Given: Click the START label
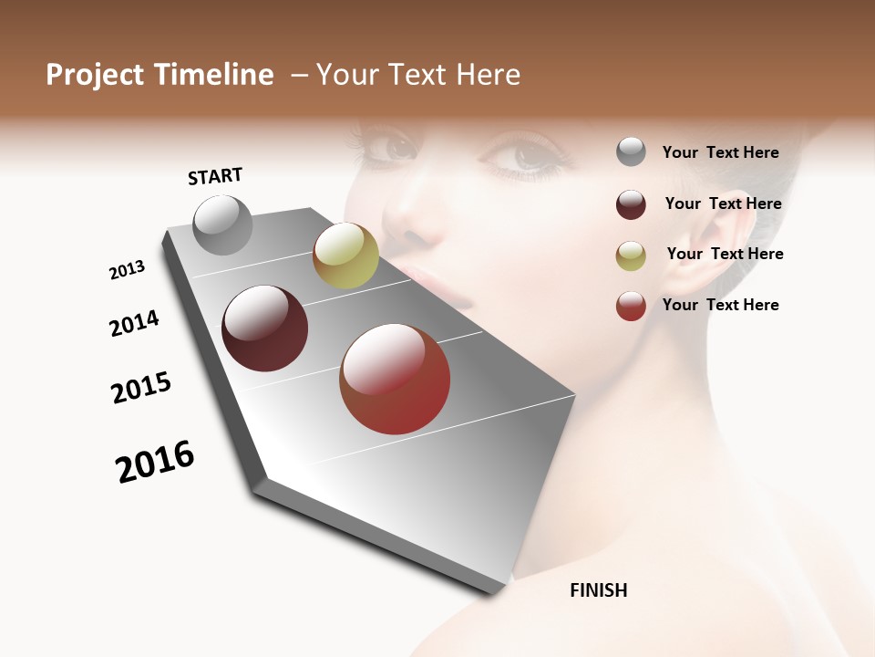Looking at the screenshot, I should tap(215, 176).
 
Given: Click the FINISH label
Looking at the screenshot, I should tap(598, 590).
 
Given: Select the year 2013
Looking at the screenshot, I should tap(127, 270).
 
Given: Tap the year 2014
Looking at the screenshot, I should tap(134, 323).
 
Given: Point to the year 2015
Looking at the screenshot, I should tap(141, 388).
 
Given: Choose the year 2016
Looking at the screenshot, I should tap(155, 462).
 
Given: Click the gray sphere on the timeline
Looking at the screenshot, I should tap(222, 224).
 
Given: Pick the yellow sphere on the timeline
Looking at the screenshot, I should tap(345, 255).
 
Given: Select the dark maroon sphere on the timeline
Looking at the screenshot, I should tap(264, 328).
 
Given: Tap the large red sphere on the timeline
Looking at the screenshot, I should tap(395, 379).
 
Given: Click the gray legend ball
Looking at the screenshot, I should tap(631, 151).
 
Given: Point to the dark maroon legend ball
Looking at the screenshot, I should tap(631, 204).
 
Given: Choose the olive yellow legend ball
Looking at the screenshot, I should tap(631, 255).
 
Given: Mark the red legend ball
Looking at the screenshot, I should tap(631, 306).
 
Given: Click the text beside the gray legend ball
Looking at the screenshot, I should tap(720, 152).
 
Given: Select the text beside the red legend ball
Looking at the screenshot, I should tap(720, 305).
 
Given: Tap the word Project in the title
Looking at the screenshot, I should tap(96, 75).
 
